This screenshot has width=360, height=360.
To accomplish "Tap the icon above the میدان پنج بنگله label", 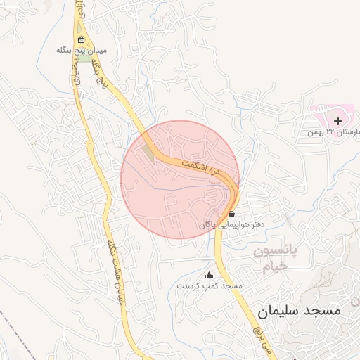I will pos(82,39).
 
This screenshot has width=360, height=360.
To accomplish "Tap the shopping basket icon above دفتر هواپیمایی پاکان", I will pos(231,214).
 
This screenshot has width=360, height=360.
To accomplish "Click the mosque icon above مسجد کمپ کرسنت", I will pos(208,275).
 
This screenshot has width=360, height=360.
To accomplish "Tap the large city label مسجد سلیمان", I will pos(298,309).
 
